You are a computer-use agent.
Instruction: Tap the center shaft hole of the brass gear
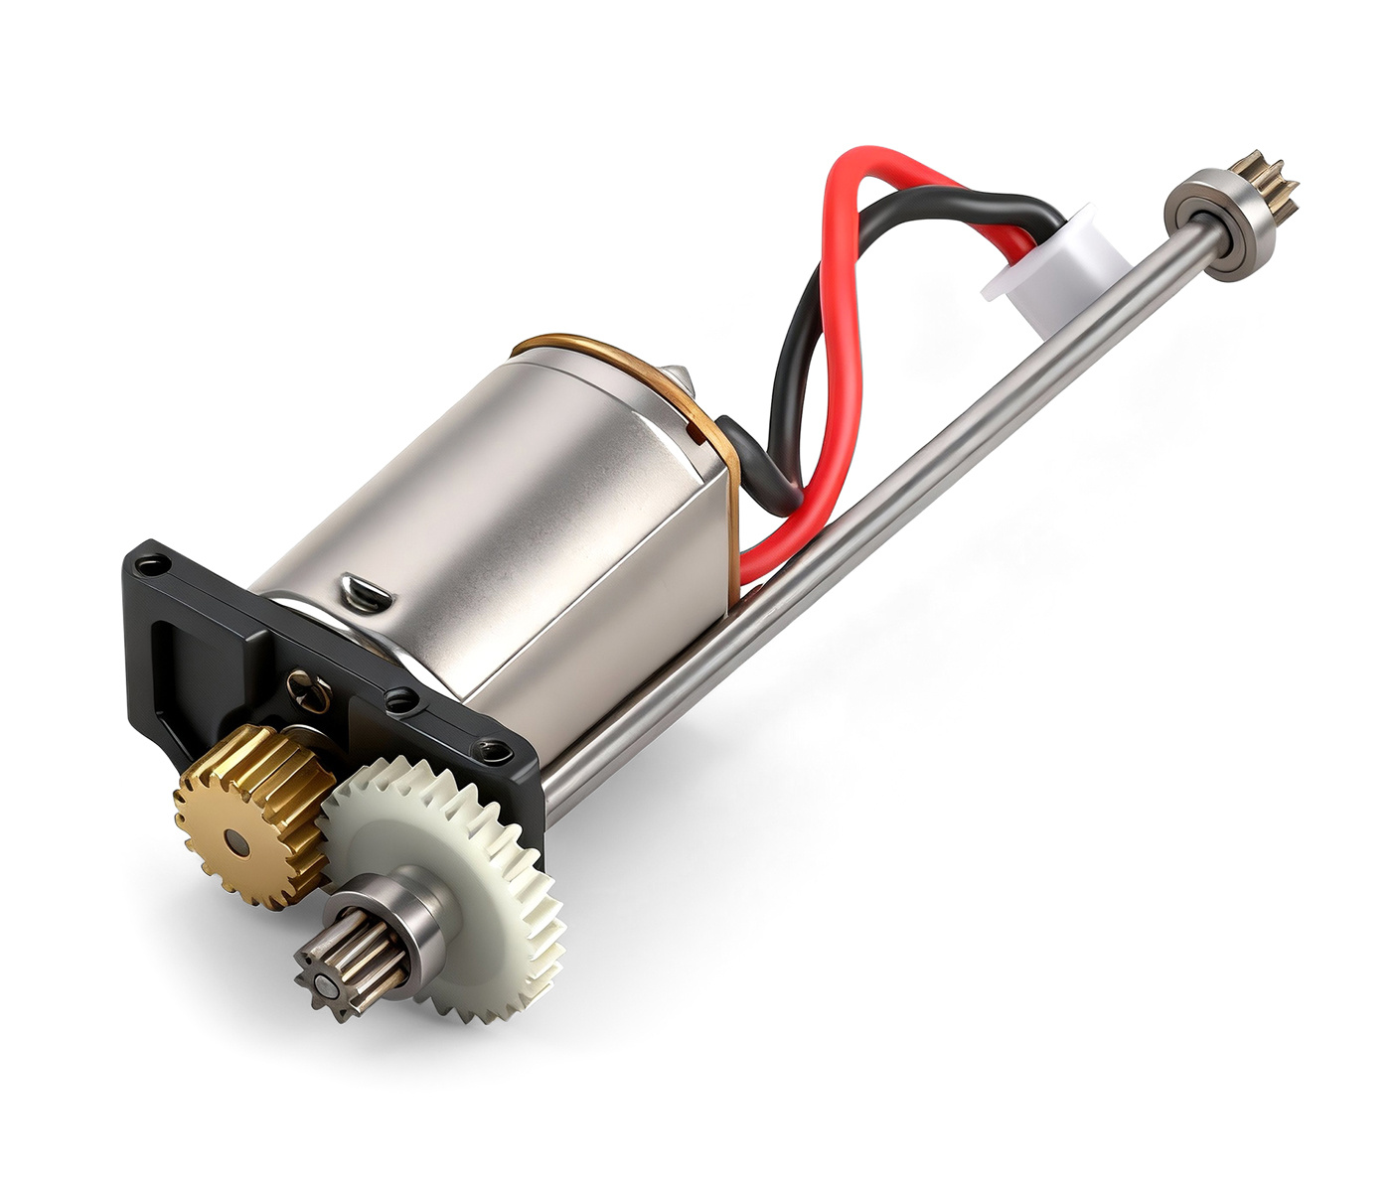point(236,842)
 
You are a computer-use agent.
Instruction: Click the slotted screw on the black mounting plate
point(308,689)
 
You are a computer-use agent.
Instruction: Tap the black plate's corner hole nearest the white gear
point(487,747)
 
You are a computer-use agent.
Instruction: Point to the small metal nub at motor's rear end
point(678,374)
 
